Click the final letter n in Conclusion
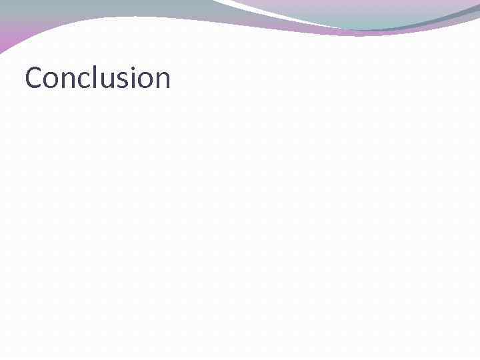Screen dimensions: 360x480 coord(161,81)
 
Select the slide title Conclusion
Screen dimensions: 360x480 coord(97,79)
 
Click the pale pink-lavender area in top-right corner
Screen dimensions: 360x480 coord(400,5)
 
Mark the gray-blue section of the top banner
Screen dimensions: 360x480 coord(100,10)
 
